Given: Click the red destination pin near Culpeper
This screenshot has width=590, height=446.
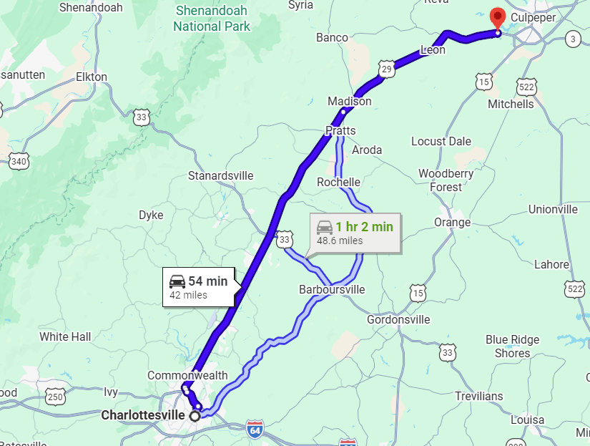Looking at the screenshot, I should (x=496, y=18).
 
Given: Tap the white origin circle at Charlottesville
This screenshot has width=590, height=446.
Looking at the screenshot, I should (x=195, y=415).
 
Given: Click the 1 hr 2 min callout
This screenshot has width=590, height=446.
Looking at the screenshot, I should (x=355, y=233).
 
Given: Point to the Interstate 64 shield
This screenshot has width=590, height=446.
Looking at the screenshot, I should (x=255, y=430).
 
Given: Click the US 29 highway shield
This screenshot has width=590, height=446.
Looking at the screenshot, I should (x=387, y=68).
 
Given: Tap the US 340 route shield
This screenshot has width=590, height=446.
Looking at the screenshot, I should (x=19, y=161).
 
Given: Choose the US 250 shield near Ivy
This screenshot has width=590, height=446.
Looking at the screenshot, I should (x=55, y=396).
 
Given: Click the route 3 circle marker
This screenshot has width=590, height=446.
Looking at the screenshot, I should (x=572, y=39).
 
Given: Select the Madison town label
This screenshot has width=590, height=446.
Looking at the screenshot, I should (x=350, y=102).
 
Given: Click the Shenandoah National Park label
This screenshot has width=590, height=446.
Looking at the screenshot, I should (x=212, y=19).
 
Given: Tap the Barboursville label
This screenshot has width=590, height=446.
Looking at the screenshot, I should (x=332, y=290).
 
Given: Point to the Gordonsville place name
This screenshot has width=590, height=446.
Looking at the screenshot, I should (x=398, y=319).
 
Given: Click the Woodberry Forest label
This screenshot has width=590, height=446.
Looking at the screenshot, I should (x=446, y=180).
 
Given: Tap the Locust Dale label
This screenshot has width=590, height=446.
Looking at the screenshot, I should (x=441, y=141).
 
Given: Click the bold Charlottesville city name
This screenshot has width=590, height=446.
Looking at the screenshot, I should (x=143, y=415).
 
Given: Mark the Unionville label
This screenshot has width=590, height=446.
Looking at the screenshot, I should (x=553, y=209).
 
